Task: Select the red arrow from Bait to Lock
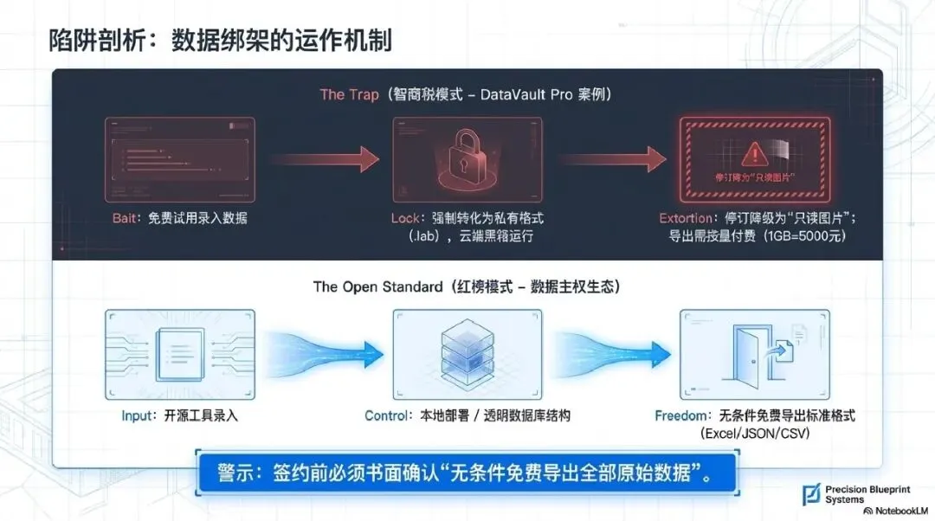(324, 159)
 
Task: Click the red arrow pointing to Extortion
(611, 159)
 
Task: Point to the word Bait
(123, 218)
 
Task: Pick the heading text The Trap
(349, 94)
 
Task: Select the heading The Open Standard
(377, 286)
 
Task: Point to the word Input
(138, 415)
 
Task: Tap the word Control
(386, 415)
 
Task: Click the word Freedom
(681, 415)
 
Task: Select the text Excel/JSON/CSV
(754, 433)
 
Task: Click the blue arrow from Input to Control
(324, 351)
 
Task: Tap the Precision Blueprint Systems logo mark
(811, 495)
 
